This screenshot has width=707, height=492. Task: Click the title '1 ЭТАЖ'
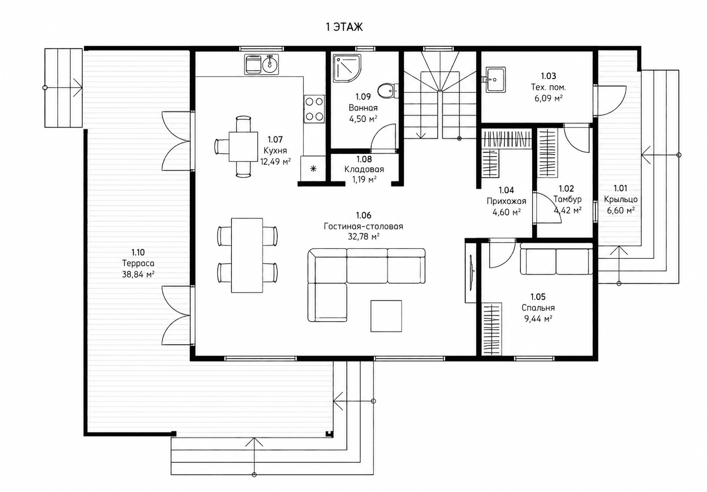point(344,27)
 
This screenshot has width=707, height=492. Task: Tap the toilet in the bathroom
point(388,91)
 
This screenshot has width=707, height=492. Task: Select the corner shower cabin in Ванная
point(347,69)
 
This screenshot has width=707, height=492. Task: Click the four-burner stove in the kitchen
point(314,109)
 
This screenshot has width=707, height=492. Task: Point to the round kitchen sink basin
point(270,64)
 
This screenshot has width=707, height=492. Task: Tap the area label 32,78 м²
point(363,237)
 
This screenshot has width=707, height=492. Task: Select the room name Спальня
point(538,308)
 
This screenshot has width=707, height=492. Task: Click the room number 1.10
point(138,252)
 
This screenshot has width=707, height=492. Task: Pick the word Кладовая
point(364,169)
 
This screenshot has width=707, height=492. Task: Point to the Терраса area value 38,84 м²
point(138,274)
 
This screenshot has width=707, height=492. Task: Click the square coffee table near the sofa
point(386,316)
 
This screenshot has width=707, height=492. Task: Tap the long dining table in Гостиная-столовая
point(247,255)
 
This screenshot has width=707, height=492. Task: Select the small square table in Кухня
point(244,147)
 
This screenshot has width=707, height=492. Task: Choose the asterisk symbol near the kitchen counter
point(314,169)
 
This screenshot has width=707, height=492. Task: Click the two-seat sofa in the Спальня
point(556,259)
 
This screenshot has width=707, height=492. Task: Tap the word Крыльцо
point(621,199)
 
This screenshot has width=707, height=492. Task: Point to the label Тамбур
point(567,199)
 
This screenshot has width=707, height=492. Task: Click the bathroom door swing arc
point(378,135)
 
